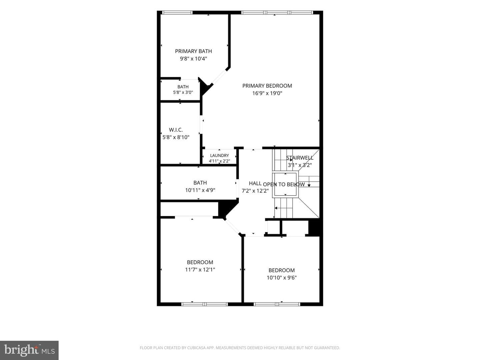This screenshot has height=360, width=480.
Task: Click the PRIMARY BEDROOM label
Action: [x=267, y=86]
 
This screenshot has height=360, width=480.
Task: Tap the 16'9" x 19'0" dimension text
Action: [x=267, y=93]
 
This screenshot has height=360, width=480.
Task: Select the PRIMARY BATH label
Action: [x=193, y=51]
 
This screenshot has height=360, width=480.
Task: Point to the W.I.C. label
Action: [x=176, y=130]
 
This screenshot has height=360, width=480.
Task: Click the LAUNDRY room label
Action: [x=219, y=155]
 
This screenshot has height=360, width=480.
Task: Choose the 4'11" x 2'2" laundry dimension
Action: [x=219, y=161]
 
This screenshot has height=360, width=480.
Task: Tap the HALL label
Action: [x=255, y=183]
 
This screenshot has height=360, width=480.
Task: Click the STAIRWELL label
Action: [x=300, y=158]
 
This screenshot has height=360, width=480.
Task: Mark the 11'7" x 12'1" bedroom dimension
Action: [x=200, y=270]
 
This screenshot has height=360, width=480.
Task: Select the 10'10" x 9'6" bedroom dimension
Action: [x=281, y=278]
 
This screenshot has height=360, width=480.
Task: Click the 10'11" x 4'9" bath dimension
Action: [x=200, y=190]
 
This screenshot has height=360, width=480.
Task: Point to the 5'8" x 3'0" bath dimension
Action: [x=183, y=92]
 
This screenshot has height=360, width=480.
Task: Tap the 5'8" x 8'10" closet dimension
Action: [x=176, y=137]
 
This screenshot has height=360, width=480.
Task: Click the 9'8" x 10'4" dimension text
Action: [x=193, y=59]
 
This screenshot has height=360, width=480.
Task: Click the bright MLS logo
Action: [x=29, y=350]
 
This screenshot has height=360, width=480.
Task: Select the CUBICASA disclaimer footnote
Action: [x=240, y=348]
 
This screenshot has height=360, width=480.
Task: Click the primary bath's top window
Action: [x=177, y=12]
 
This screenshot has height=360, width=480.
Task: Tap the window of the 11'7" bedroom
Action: [x=204, y=304]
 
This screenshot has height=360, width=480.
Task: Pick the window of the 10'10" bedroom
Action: [x=277, y=304]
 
